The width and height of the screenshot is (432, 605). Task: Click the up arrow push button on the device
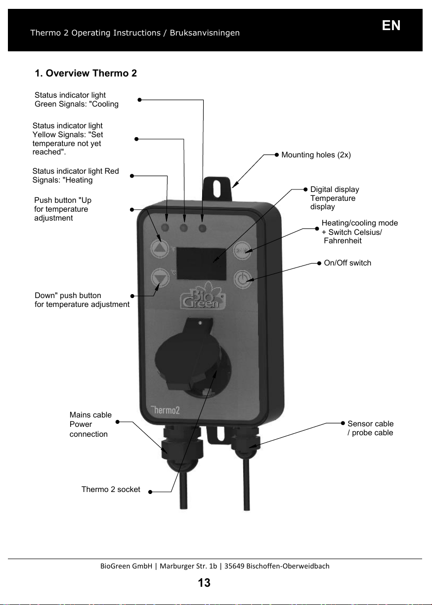point(160,248)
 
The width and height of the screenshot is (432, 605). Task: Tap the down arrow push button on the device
point(160,277)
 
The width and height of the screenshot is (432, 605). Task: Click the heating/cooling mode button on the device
point(242,251)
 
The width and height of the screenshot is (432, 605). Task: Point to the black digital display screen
point(201,264)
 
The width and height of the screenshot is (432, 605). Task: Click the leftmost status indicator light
point(165,227)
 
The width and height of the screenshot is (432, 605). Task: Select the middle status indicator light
point(184,228)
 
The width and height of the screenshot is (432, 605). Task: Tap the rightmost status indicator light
point(202,228)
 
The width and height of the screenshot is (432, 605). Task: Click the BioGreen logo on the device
point(203,296)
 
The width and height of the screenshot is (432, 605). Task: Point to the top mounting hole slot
point(217,189)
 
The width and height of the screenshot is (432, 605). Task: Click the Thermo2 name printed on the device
point(165,410)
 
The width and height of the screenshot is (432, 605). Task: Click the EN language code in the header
point(391,26)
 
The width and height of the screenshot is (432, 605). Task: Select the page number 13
point(204,583)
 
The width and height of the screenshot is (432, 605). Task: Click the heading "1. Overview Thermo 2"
point(86,73)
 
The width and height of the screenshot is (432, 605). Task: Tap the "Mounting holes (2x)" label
point(316,155)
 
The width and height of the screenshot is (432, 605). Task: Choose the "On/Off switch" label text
point(347,263)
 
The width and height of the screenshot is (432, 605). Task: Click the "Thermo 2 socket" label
point(111,489)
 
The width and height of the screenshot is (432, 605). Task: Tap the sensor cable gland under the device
point(245,440)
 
